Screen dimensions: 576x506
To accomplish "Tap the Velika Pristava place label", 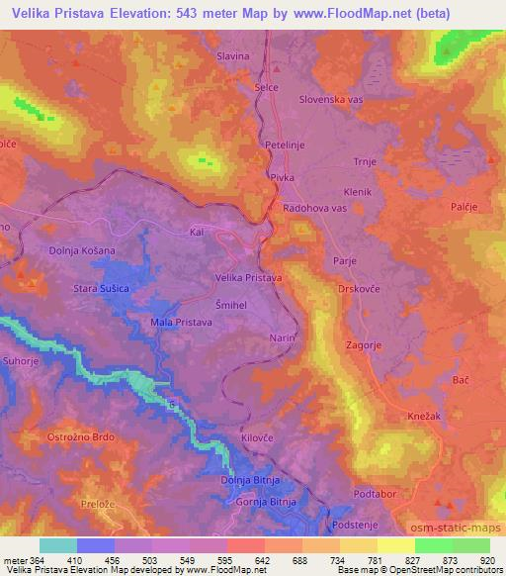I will click(249, 278).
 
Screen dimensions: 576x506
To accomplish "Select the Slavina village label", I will click(233, 56).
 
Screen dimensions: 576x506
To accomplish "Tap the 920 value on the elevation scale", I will click(485, 559).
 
